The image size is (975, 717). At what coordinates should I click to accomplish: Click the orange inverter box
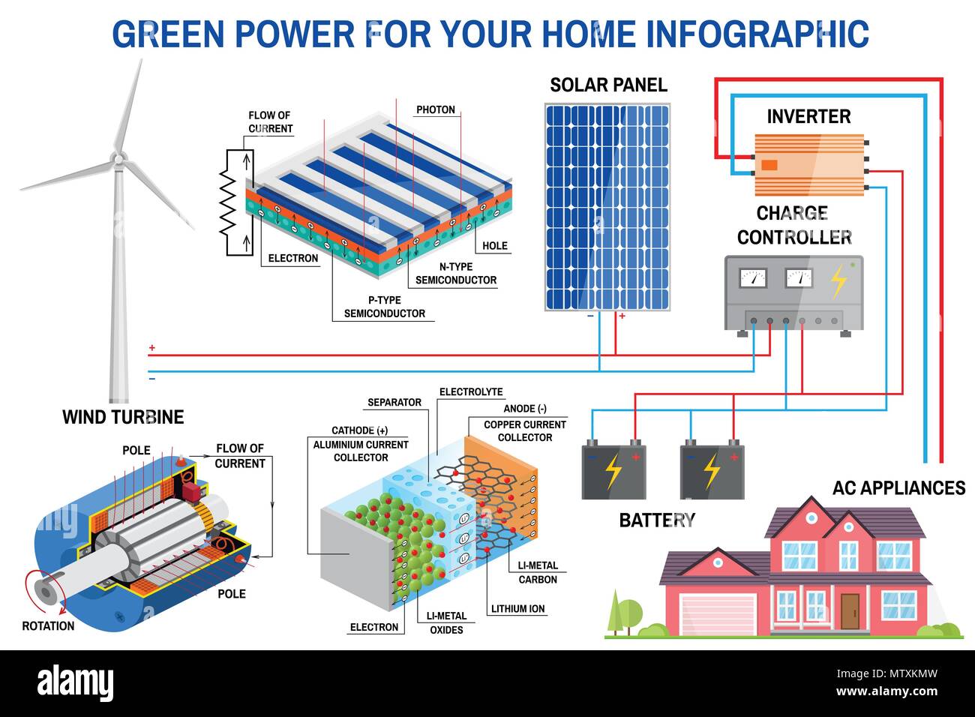[808, 164]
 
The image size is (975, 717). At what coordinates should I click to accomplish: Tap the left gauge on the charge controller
[753, 278]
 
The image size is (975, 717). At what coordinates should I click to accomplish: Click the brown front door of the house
[849, 610]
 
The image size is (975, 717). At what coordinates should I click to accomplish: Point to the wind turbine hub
[118, 159]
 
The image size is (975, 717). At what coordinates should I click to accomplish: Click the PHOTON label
[436, 109]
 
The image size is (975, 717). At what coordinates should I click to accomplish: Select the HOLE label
[495, 245]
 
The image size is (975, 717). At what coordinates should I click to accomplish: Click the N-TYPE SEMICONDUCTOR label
[455, 273]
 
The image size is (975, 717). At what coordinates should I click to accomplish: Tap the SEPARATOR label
[394, 402]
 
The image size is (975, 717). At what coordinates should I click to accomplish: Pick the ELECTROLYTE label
[471, 391]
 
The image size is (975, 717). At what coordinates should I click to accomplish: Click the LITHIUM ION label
[517, 608]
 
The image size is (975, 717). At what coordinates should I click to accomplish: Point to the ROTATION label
[48, 625]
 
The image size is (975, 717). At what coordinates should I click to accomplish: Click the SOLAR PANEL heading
[608, 85]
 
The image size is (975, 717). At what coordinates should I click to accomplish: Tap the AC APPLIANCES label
[898, 488]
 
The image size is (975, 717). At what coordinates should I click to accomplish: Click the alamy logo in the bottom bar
[75, 683]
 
